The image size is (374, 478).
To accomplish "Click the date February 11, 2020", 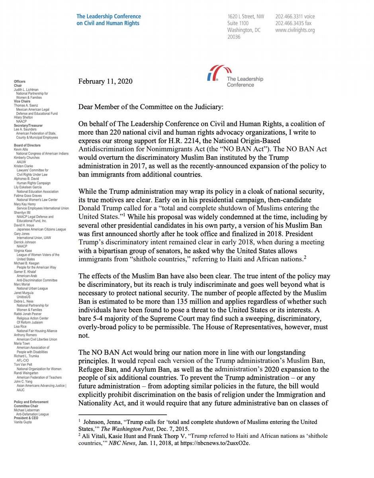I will click(105, 82).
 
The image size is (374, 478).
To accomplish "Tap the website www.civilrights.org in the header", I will click(295, 30).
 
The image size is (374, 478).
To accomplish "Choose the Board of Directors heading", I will click(27, 145).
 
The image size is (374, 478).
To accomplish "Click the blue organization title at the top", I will click(108, 20).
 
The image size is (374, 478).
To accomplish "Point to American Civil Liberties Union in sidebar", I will click(37, 339).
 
